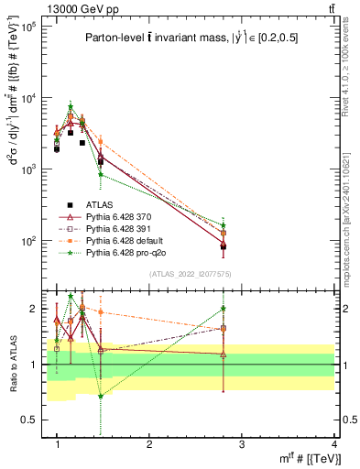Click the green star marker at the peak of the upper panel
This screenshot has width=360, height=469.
71,107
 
